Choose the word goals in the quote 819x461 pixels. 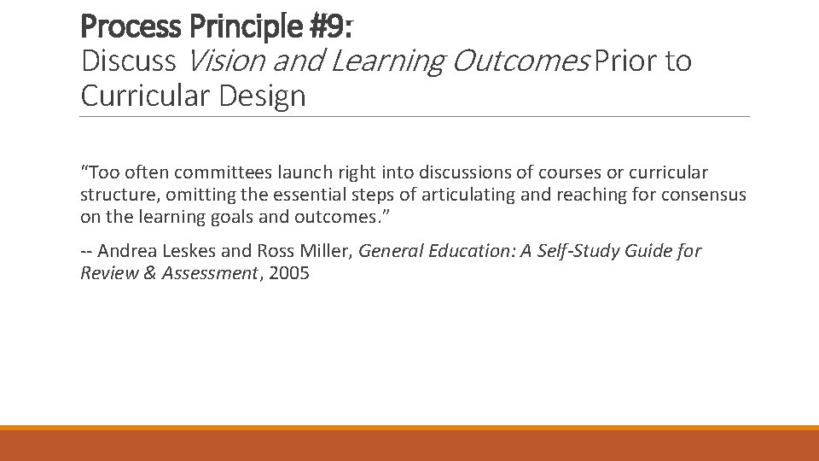coord(224,217)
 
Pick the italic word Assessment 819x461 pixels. coord(210,273)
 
